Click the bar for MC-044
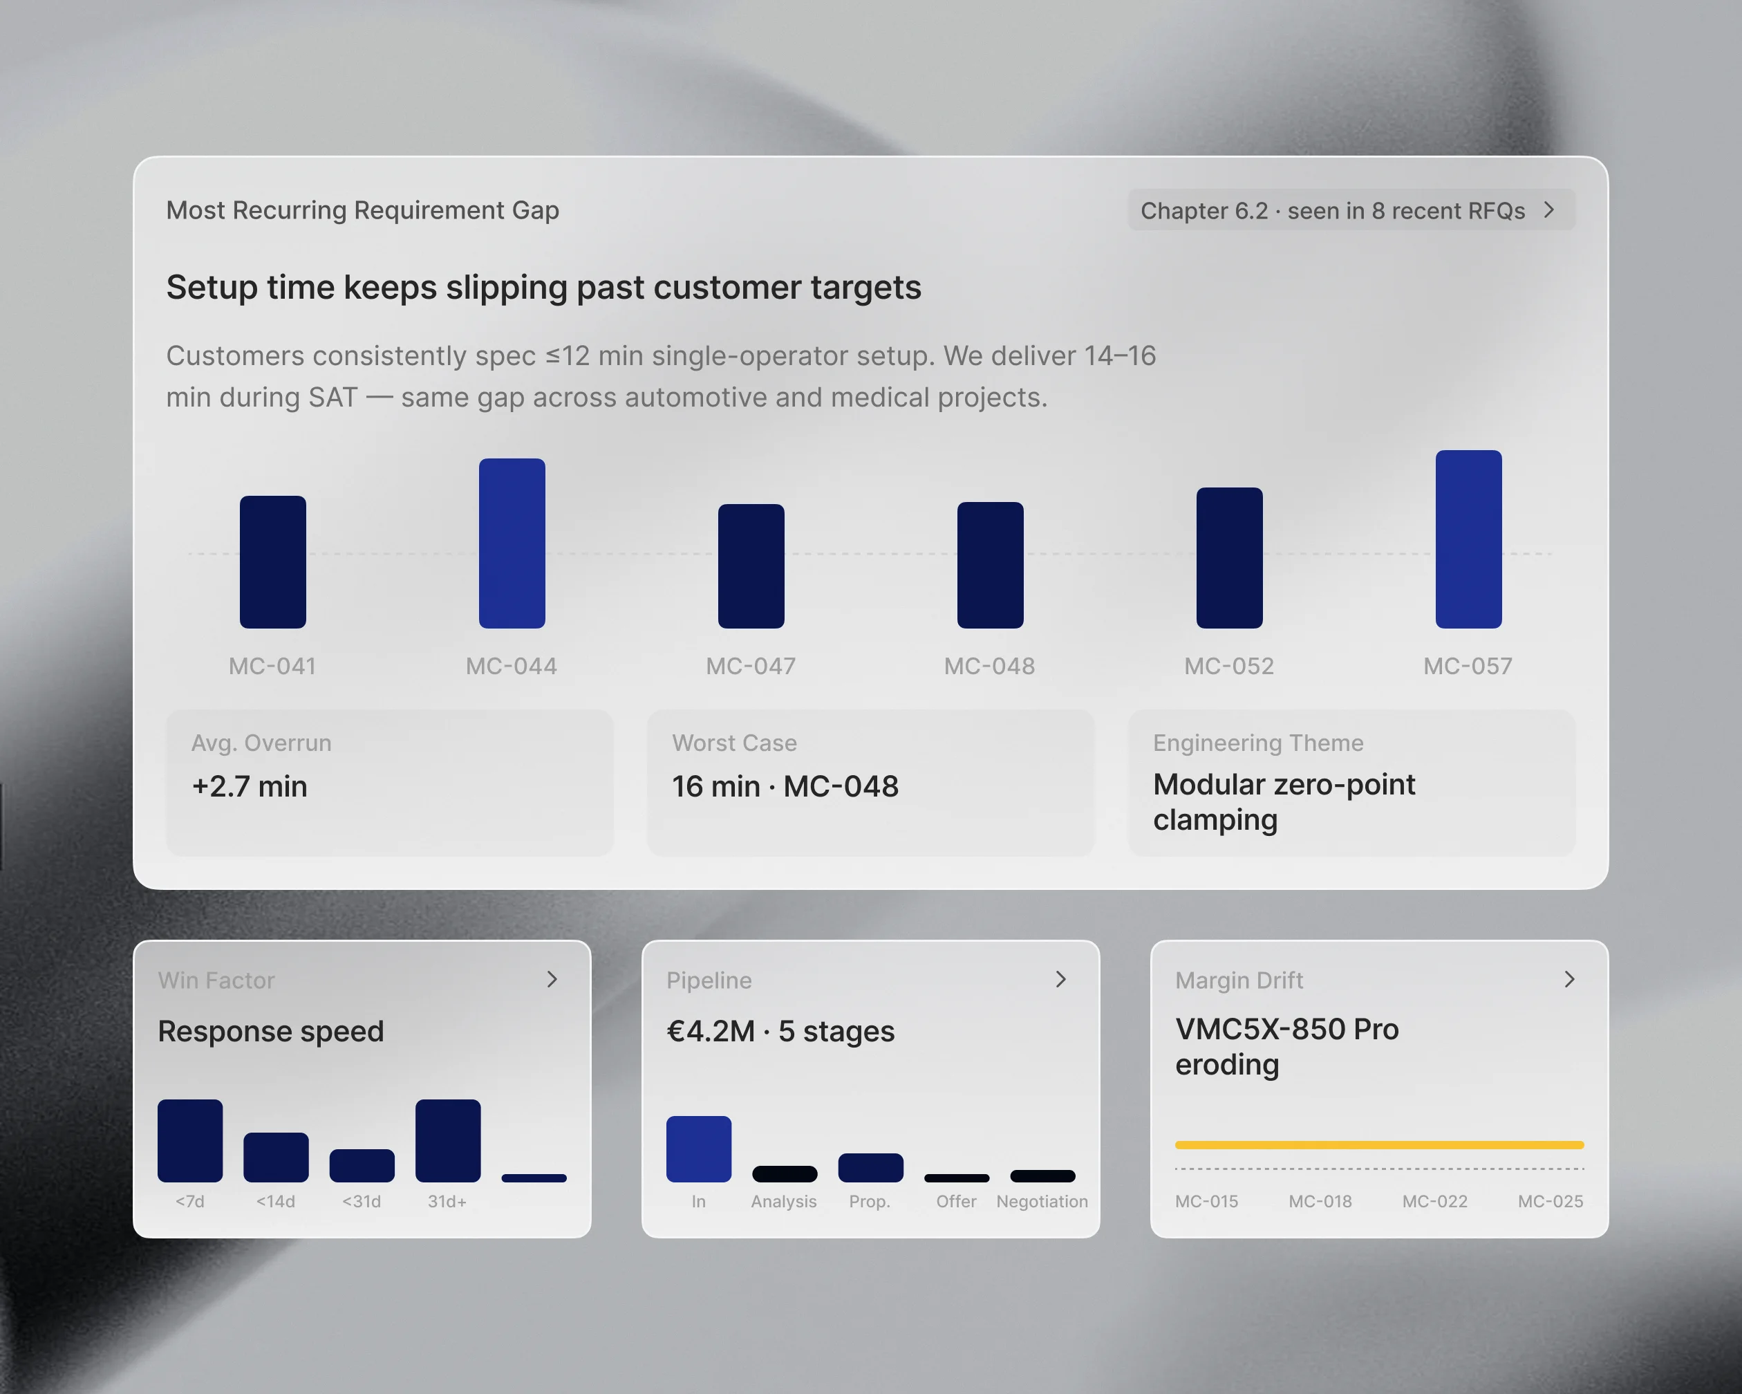(x=512, y=543)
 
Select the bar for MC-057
(x=1468, y=539)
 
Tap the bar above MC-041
(x=272, y=561)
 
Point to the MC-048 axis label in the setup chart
(x=989, y=666)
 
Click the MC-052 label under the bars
(x=1229, y=666)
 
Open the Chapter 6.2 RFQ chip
(x=1351, y=210)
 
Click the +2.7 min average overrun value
(x=249, y=786)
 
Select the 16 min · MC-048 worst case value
(x=785, y=786)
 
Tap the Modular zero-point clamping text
(x=1284, y=801)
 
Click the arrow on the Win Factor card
(x=552, y=979)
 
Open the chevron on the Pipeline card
(x=1061, y=979)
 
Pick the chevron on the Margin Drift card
(x=1569, y=979)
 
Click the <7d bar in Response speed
(x=190, y=1140)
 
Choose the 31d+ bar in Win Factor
(x=448, y=1140)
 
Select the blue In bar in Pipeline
(x=699, y=1149)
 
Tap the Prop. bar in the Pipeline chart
(x=870, y=1168)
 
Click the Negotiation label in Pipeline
(x=1042, y=1202)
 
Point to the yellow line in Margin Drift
(x=1379, y=1144)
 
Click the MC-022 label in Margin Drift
(x=1434, y=1202)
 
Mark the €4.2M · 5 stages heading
(x=780, y=1031)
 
